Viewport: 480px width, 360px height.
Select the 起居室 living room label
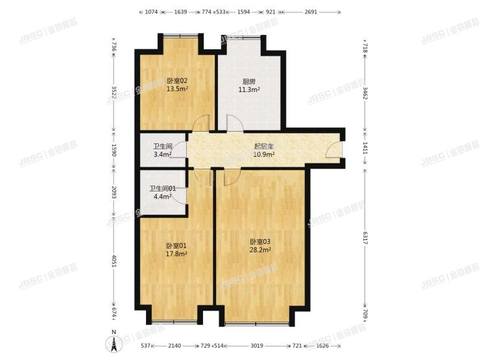[264, 146]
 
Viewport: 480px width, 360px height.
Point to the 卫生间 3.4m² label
[163, 146]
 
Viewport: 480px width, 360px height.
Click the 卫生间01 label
[163, 189]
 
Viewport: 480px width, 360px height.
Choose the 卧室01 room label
[176, 245]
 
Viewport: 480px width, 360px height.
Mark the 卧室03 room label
[260, 241]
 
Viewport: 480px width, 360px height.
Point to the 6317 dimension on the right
[366, 239]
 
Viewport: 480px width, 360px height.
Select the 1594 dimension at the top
[244, 12]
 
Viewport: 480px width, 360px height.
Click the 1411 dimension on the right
[366, 147]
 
